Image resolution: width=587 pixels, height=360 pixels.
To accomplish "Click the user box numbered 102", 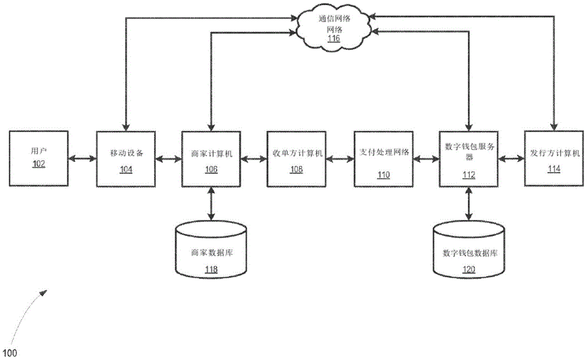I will (x=38, y=159).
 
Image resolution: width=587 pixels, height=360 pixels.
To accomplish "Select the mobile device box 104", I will (x=125, y=159).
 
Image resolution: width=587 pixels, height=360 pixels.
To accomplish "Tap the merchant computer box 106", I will (x=211, y=159).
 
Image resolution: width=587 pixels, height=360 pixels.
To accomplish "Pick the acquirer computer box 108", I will (x=296, y=159).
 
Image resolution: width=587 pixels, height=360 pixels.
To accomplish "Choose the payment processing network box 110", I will (x=382, y=159).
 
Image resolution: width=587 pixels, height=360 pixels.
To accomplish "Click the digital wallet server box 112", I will (x=467, y=159).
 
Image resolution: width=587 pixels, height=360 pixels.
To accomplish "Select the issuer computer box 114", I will (x=552, y=159).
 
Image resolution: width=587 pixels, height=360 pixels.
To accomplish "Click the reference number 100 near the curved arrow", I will (x=11, y=353).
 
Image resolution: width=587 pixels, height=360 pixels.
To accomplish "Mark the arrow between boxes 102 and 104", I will (x=82, y=159).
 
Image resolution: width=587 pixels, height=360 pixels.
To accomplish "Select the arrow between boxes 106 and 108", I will (x=254, y=159).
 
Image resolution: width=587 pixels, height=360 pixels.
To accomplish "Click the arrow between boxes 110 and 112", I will (x=425, y=159).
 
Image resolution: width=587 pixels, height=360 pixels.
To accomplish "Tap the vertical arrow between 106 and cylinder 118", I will (x=211, y=204).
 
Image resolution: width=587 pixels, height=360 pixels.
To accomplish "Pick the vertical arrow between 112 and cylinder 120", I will (x=467, y=204).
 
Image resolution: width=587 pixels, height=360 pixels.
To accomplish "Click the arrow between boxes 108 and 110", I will (x=339, y=159).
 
